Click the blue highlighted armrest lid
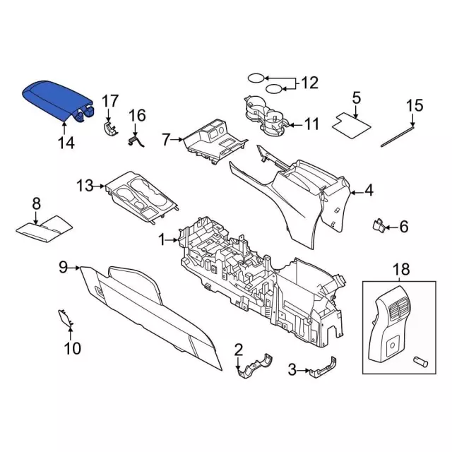[x=56, y=100]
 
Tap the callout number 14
[x=65, y=143]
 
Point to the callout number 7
[x=166, y=140]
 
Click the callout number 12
[x=310, y=83]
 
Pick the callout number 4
[x=369, y=190]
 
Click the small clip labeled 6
[x=378, y=226]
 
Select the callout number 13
[x=85, y=186]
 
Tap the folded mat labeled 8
[x=44, y=227]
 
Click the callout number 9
[x=63, y=267]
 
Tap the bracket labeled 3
[x=321, y=368]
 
